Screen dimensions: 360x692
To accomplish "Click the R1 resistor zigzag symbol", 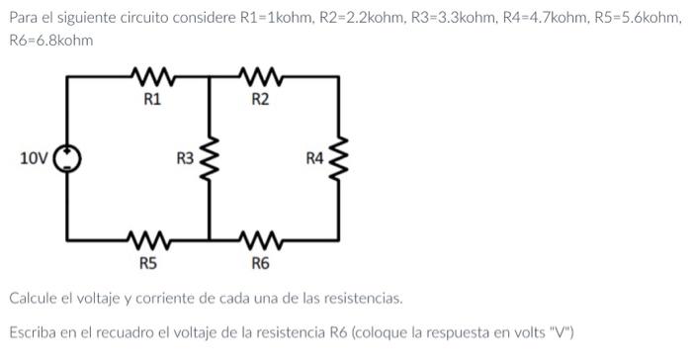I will click(152, 75).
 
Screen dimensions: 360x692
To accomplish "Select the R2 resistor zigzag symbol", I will click(260, 75).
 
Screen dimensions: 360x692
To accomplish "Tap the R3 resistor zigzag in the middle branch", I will click(210, 158).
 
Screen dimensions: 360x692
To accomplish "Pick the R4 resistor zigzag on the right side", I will click(340, 158).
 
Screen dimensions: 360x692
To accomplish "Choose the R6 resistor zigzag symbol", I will click(260, 238).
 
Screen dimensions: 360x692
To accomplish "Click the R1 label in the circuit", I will click(152, 99).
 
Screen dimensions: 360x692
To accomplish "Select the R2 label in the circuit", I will click(260, 99).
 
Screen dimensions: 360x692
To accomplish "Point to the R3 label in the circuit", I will click(185, 158).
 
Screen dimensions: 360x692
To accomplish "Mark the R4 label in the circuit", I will click(314, 158).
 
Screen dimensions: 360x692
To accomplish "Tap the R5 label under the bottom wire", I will click(147, 264).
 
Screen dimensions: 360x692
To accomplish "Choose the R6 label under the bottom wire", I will click(260, 264).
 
